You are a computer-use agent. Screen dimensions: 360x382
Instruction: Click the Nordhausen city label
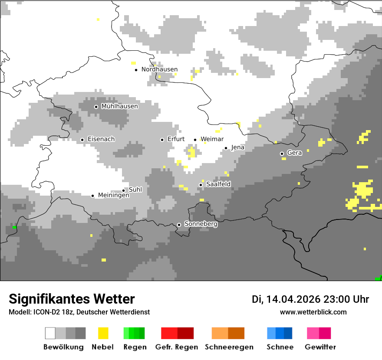[x=159, y=69]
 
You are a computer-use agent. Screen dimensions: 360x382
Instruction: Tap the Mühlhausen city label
[x=119, y=106]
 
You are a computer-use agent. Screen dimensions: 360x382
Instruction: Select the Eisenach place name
[x=101, y=139]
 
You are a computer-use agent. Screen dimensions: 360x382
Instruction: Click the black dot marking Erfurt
[x=162, y=140]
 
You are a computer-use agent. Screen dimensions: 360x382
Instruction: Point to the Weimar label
[x=212, y=139]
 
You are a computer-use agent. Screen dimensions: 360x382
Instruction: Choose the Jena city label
[x=237, y=147]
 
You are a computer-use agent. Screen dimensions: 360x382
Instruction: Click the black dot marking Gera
[x=282, y=154]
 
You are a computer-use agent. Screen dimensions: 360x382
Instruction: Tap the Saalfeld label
[x=218, y=184]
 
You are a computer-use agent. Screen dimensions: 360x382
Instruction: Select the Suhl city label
[x=135, y=190]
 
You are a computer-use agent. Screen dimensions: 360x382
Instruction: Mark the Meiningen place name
[x=114, y=196]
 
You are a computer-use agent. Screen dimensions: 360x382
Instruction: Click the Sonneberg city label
[x=201, y=224]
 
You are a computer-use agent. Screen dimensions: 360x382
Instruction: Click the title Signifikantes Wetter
[x=72, y=299]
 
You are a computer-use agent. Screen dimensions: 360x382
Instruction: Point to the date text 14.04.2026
[x=293, y=299]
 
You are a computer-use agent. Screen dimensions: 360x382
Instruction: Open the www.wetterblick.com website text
[x=313, y=312]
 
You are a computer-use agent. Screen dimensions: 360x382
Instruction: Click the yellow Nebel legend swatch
[x=103, y=333]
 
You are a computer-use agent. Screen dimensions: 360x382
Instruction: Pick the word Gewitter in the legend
[x=320, y=347]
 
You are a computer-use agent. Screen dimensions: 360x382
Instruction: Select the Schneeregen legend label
[x=229, y=347]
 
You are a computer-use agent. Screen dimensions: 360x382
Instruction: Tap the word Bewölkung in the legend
[x=63, y=347]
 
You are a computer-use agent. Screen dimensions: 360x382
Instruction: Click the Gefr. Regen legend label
[x=176, y=347]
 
